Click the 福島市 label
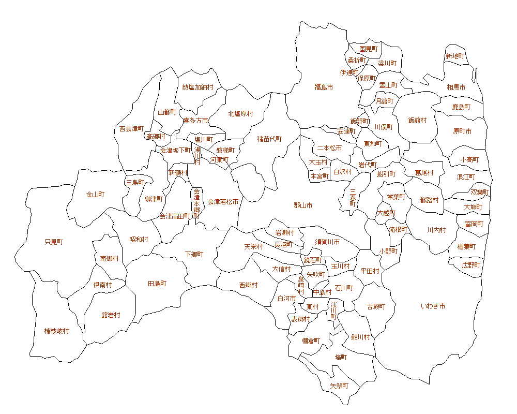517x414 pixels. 324,87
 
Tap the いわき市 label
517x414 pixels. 433,306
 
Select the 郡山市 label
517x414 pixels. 303,205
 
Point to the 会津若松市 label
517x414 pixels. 223,202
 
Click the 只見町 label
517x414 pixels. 54,242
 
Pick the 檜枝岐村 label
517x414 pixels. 56,331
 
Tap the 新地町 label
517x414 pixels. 455,56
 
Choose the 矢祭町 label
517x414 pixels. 339,386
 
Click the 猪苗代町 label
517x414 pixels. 270,139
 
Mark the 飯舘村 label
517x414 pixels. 418,121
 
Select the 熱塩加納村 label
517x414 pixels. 197,87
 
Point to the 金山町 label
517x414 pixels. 95,195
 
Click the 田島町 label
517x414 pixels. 157,284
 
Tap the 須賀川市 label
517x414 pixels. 328,242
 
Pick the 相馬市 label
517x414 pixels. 456,87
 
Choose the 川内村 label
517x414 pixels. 436,230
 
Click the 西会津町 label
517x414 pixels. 131,128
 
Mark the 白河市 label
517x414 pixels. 286,299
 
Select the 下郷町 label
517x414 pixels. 194,255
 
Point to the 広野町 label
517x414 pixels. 471,265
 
